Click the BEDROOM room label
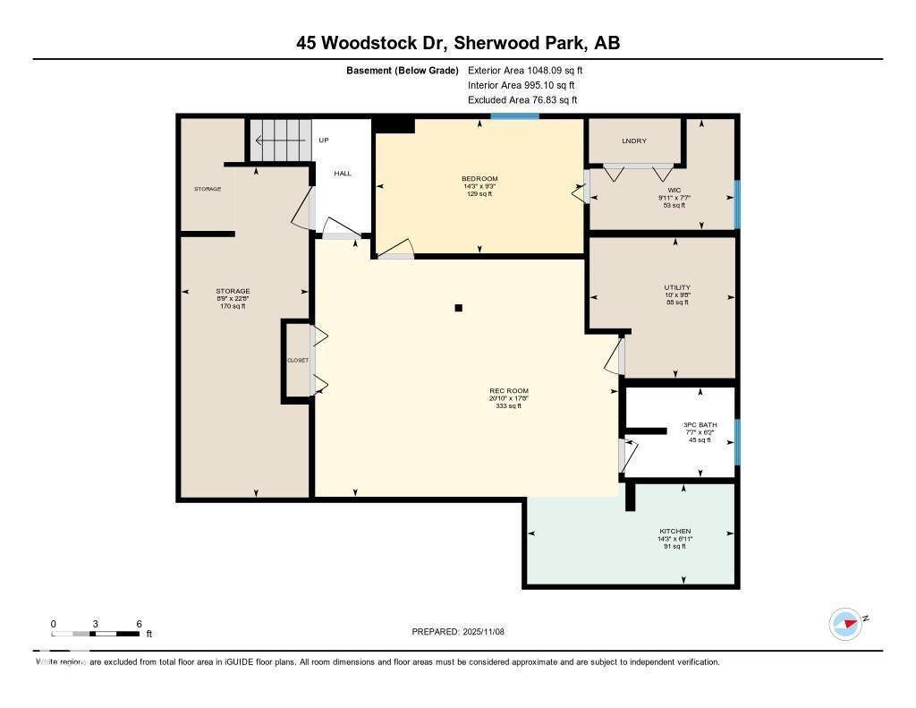pos(480,179)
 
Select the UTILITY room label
pos(676,287)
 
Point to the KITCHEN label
pos(675,532)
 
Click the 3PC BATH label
pos(697,425)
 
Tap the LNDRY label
pos(634,141)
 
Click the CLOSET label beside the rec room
pos(297,360)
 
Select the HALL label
pos(343,173)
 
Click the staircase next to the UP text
pos(279,140)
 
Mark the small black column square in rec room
pos(459,308)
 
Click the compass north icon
pos(845,623)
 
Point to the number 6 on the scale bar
pos(139,624)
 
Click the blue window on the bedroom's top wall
pos(514,116)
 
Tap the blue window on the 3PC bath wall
pos(737,442)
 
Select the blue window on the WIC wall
pos(737,204)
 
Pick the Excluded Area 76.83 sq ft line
pos(522,100)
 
